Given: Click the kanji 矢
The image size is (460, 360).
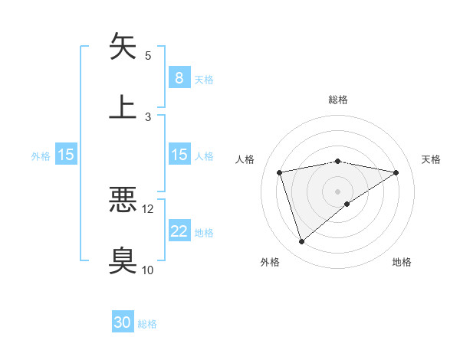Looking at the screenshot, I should (x=123, y=46).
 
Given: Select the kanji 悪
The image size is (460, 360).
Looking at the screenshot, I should (x=123, y=201).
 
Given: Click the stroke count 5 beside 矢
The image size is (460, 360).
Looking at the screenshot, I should (x=148, y=55).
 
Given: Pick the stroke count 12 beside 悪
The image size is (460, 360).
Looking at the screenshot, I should (x=148, y=208).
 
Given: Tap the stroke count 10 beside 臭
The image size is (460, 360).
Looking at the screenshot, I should (x=148, y=270).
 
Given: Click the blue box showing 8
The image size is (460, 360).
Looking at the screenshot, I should (x=179, y=78).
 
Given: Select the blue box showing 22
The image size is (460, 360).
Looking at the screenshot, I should (x=179, y=231).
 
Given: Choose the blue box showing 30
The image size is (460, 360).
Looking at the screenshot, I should (x=123, y=323).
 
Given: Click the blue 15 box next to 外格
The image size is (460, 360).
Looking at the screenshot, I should (x=66, y=155).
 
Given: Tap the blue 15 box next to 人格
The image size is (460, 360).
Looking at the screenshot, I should (x=179, y=155).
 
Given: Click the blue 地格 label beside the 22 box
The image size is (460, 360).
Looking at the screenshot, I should (x=204, y=232).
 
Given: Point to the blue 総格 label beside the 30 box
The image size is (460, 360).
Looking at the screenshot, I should (x=147, y=324).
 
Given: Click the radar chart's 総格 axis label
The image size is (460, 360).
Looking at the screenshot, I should (x=338, y=100).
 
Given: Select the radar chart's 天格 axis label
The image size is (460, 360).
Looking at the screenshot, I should (x=431, y=159).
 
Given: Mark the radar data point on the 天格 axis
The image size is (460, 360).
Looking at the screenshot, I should (x=396, y=172).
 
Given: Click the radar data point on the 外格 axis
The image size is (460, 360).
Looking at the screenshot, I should (x=301, y=241).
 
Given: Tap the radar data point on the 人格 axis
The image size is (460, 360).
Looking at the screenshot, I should (x=280, y=172).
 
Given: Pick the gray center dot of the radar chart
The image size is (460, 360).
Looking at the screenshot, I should (x=338, y=191).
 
